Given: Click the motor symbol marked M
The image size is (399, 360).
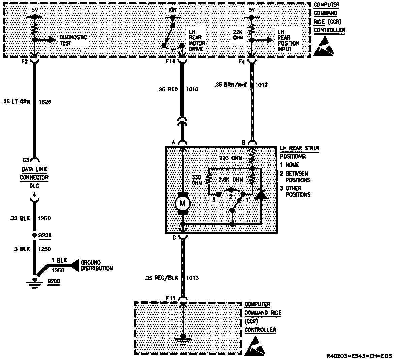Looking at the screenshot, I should tap(183, 203).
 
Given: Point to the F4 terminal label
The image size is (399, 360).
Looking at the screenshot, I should tap(241, 62).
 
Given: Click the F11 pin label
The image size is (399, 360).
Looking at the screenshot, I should tap(171, 298).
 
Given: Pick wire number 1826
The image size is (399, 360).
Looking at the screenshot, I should tap(45, 101).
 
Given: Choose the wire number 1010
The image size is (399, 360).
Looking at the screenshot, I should tap(192, 89).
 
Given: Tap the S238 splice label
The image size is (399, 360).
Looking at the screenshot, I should tap(45, 235).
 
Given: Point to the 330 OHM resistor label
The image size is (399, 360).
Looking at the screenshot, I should tap(197, 180).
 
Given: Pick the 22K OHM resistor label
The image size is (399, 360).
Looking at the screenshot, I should tap(238, 35).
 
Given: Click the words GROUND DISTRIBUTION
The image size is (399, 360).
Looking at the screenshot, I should tap(96, 265).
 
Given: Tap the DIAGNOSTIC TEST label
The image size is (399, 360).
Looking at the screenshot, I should tap(73, 40).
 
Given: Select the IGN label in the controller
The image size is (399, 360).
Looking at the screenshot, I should tap(172, 10).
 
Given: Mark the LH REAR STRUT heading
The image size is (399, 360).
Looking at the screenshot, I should tap(300, 148).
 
